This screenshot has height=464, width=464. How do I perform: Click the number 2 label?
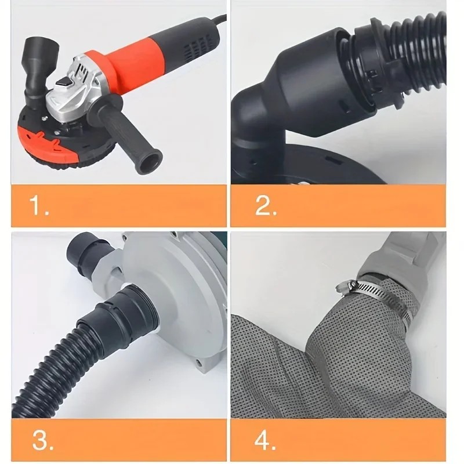point(266,206)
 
